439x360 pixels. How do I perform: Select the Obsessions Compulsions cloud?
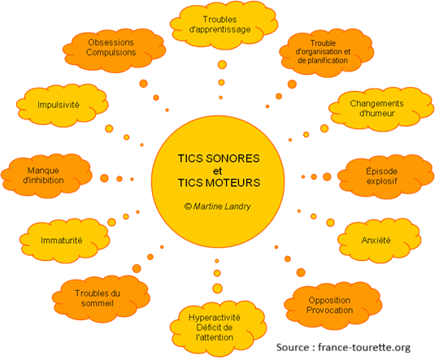(111, 46)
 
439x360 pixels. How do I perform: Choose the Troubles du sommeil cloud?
(97, 297)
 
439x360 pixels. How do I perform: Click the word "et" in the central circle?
(217, 170)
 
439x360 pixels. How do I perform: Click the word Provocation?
(330, 311)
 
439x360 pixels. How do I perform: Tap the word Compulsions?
(111, 52)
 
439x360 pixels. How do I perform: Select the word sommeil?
(97, 303)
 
